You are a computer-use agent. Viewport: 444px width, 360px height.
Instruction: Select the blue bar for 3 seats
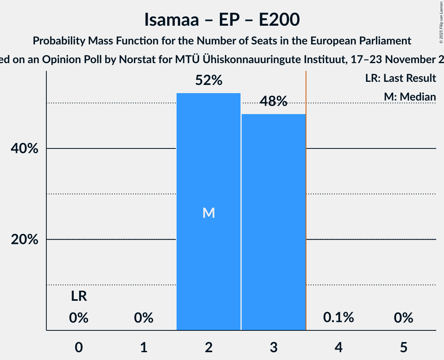tap(273, 222)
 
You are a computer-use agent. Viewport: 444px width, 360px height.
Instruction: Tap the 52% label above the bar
tap(209, 81)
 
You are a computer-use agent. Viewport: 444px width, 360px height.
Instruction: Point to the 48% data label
tap(273, 102)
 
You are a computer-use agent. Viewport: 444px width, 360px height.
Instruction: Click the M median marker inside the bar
tap(209, 213)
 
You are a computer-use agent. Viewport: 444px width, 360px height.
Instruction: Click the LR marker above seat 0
tap(79, 297)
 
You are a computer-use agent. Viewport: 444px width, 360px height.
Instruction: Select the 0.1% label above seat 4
tap(338, 318)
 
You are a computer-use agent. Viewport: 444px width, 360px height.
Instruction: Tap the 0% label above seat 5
tap(403, 318)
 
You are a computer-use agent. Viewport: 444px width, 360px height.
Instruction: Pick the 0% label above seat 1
tap(143, 318)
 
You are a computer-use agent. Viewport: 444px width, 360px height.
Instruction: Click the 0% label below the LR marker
tap(79, 318)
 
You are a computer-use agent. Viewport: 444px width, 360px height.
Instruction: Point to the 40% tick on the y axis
tap(25, 149)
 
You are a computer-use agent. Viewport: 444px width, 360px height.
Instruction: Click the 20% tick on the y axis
tap(25, 240)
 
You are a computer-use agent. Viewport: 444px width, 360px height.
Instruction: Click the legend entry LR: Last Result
tap(400, 78)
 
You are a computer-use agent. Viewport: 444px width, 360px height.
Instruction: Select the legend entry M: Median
tap(410, 96)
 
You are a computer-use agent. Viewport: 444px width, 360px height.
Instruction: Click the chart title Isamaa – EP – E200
tap(222, 19)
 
